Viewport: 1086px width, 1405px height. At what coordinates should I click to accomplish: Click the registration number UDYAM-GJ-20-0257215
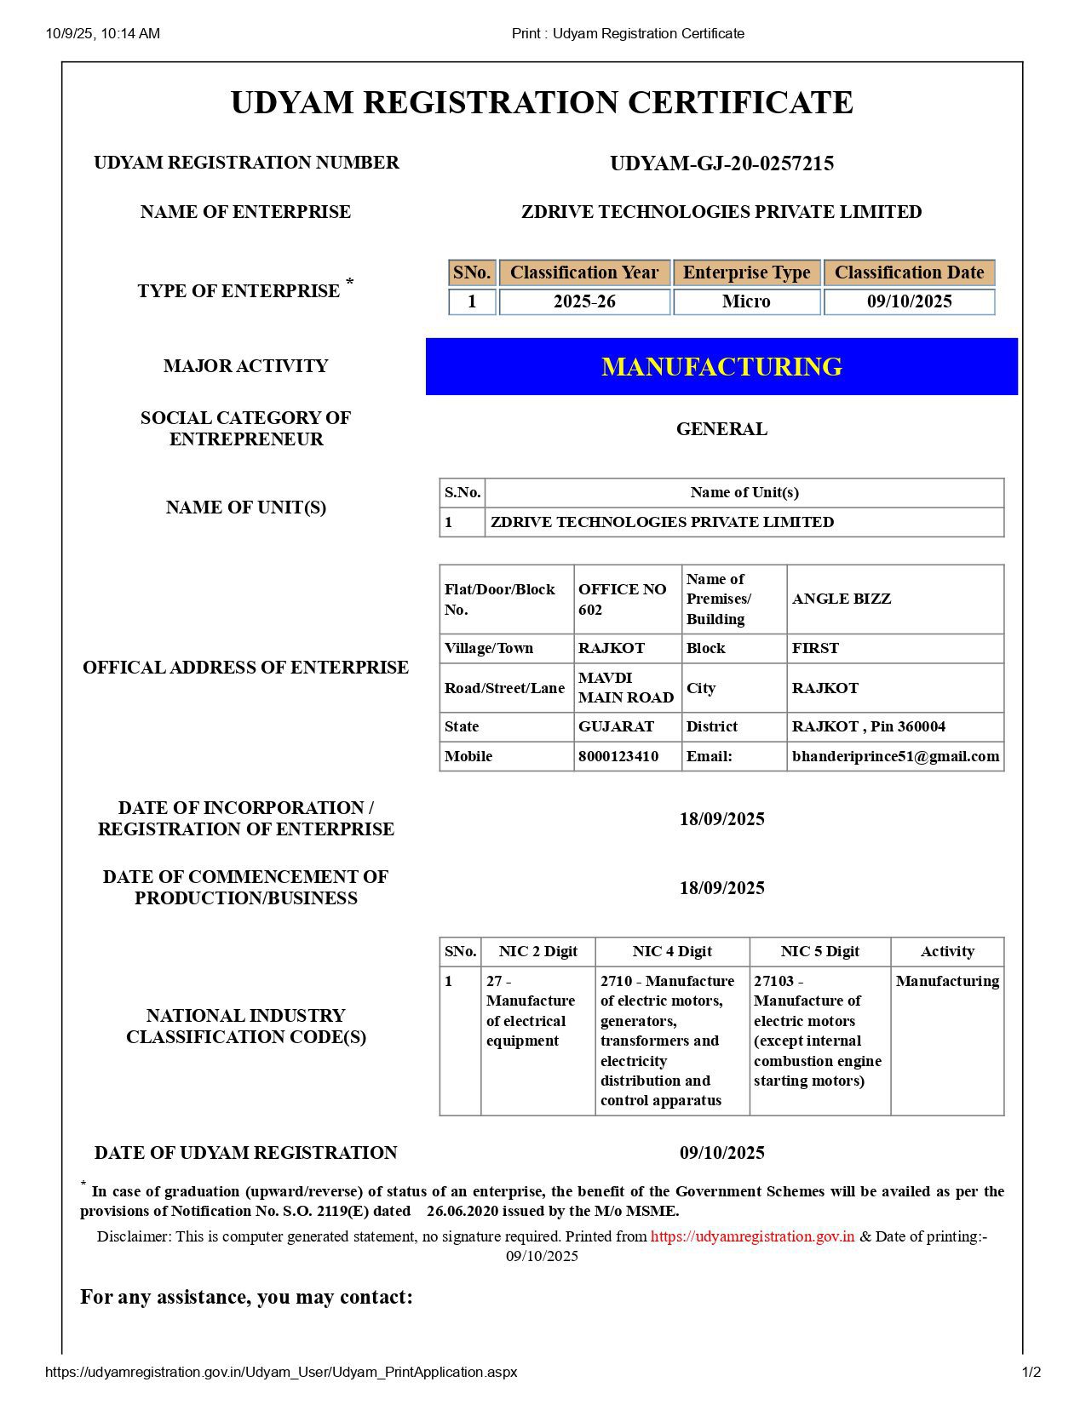click(721, 163)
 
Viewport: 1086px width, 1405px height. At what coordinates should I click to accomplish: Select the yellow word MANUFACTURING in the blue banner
click(721, 366)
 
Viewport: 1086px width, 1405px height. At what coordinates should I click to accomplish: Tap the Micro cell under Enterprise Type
click(746, 301)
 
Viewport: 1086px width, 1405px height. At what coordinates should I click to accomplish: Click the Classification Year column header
click(584, 272)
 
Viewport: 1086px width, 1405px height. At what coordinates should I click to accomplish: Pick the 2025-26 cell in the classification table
click(584, 301)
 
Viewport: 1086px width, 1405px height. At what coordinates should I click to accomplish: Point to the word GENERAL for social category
click(721, 429)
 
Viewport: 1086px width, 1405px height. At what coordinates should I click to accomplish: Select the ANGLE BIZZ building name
click(842, 599)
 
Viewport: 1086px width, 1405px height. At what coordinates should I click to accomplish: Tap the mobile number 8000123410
click(618, 756)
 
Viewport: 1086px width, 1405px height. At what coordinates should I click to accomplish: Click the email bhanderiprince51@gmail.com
click(895, 756)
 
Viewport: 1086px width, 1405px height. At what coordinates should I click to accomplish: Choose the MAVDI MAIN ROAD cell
click(626, 688)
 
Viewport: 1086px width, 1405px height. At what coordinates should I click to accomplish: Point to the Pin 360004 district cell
click(868, 726)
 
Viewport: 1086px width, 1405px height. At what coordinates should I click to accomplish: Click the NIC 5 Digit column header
click(819, 951)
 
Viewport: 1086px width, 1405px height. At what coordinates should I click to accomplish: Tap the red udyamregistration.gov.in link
click(752, 1236)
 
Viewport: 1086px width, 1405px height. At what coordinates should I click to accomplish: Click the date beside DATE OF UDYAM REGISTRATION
click(721, 1153)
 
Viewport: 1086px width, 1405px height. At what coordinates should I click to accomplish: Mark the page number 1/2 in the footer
click(1031, 1372)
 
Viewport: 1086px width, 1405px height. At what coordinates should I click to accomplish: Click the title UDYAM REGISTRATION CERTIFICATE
click(542, 102)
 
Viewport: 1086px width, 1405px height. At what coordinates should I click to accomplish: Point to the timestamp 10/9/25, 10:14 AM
click(102, 33)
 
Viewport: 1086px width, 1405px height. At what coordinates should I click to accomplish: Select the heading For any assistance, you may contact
click(246, 1297)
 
